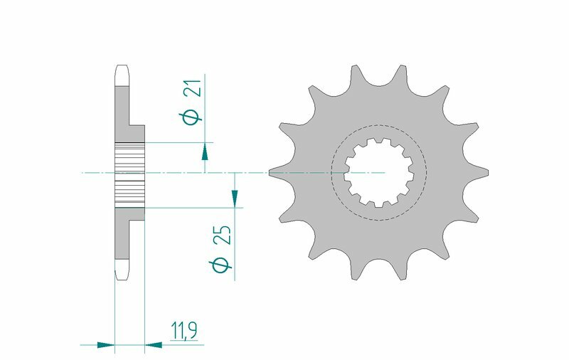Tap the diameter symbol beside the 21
[x=191, y=118]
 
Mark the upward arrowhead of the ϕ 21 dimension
[x=205, y=151]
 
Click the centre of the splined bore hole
[x=378, y=172]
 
